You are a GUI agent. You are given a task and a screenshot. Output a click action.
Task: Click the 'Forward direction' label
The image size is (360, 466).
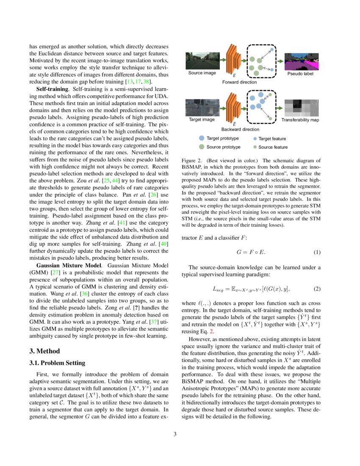click(239, 82)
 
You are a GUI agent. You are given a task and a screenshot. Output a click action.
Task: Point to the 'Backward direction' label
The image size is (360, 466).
click(240, 129)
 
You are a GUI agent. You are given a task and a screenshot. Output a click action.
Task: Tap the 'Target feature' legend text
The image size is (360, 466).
click(272, 139)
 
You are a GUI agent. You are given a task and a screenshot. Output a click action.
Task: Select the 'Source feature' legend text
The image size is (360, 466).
click(273, 147)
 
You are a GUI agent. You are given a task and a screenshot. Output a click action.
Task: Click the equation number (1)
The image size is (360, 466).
click(317, 252)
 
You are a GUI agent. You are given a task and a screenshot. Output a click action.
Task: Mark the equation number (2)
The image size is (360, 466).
click(317, 289)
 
